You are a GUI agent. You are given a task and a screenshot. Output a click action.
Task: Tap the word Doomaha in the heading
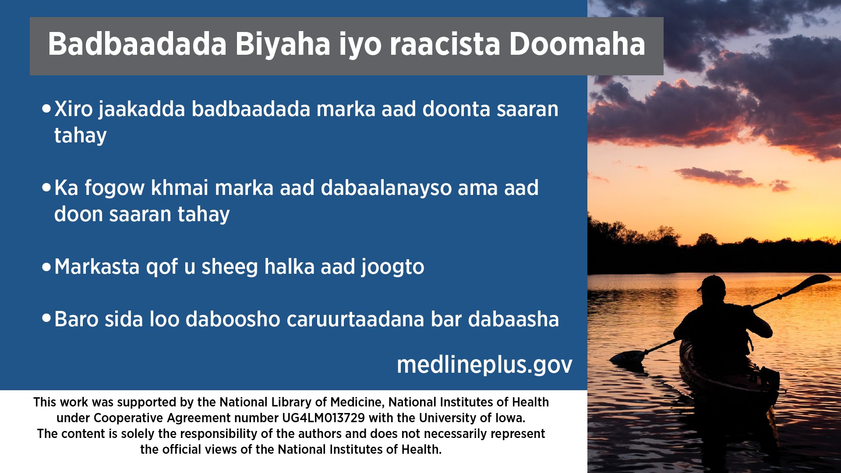point(577,44)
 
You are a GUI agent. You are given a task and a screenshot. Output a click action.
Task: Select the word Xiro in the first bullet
point(74,109)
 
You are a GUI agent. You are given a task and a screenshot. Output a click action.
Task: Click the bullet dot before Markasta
point(46,267)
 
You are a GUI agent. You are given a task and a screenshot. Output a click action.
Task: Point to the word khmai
point(180,187)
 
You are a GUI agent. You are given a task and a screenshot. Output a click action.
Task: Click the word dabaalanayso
point(386,188)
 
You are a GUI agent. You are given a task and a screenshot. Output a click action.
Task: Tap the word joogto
point(393,267)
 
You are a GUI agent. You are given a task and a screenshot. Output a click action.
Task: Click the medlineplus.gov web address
point(484,365)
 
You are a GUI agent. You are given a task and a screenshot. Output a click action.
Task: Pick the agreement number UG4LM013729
point(323,418)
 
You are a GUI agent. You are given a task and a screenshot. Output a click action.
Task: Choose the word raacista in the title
point(445,44)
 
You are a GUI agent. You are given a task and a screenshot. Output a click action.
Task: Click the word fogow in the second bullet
point(114,188)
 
